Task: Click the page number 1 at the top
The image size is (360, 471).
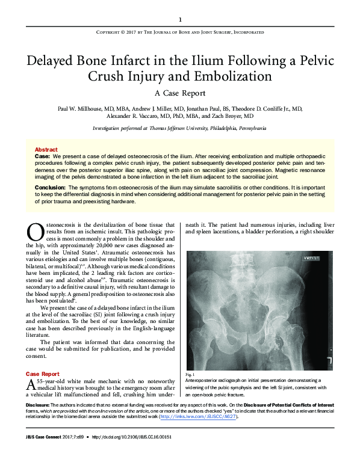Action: point(180,19)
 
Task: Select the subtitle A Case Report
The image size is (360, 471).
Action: point(180,93)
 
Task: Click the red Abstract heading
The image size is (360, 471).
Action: point(46,149)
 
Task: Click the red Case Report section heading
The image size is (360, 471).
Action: point(43,374)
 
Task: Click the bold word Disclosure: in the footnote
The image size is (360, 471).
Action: point(40,405)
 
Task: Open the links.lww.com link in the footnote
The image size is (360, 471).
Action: point(199,416)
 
